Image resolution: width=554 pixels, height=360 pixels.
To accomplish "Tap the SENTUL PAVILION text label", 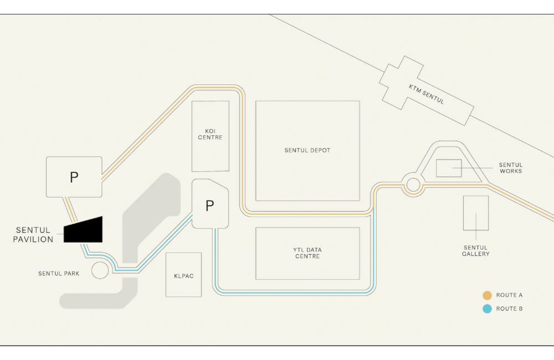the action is [33, 235].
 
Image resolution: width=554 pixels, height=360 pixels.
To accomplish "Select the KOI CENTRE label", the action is [210, 134].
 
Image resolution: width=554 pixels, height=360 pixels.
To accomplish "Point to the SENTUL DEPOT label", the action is [307, 150].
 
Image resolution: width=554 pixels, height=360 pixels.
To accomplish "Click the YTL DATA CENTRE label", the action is [307, 253].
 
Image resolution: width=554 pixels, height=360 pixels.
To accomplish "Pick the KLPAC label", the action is [184, 276].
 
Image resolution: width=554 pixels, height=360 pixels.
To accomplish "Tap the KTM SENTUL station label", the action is [426, 94].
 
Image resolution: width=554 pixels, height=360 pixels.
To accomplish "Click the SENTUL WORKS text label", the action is [511, 168].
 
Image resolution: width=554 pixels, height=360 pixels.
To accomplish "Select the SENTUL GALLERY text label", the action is [475, 251].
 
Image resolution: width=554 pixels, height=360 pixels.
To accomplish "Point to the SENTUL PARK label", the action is [59, 274].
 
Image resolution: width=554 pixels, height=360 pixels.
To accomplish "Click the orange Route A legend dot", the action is [487, 295].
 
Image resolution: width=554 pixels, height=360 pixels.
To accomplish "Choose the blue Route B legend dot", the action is [487, 309].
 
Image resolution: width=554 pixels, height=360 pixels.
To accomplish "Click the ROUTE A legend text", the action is [509, 295].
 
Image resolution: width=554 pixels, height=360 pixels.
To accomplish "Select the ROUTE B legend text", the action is [509, 308].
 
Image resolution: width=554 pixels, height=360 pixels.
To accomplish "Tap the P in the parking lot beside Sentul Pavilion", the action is [74, 177].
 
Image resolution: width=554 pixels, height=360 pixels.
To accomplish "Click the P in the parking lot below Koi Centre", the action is [210, 205].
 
